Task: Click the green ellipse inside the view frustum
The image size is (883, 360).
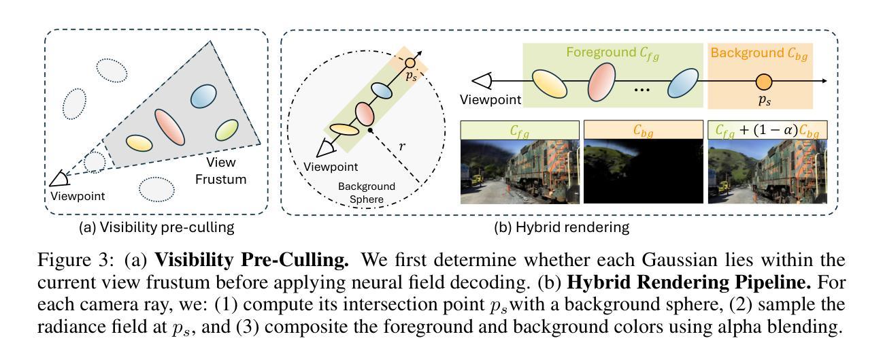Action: pos(226,131)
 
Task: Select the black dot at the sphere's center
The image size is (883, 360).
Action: pos(370,129)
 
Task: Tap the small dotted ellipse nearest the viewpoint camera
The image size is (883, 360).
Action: pos(95,162)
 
